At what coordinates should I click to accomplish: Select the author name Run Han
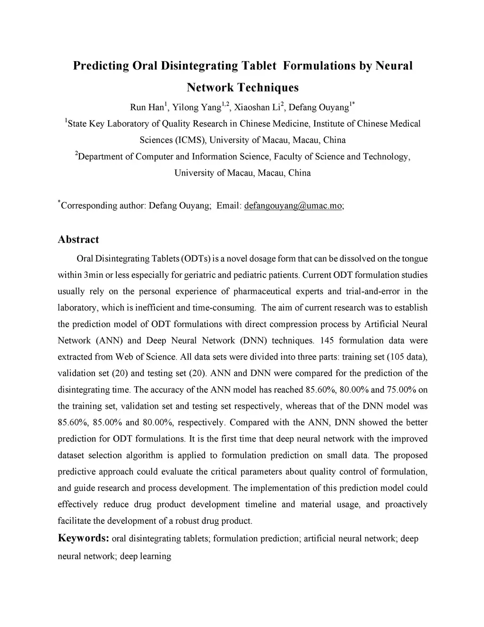(x=146, y=107)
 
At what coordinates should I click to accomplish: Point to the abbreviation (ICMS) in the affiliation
(x=191, y=140)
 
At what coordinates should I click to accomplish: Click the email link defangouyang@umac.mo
(x=293, y=205)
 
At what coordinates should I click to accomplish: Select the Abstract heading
(x=78, y=239)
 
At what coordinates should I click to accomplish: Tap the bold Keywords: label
(x=84, y=538)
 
